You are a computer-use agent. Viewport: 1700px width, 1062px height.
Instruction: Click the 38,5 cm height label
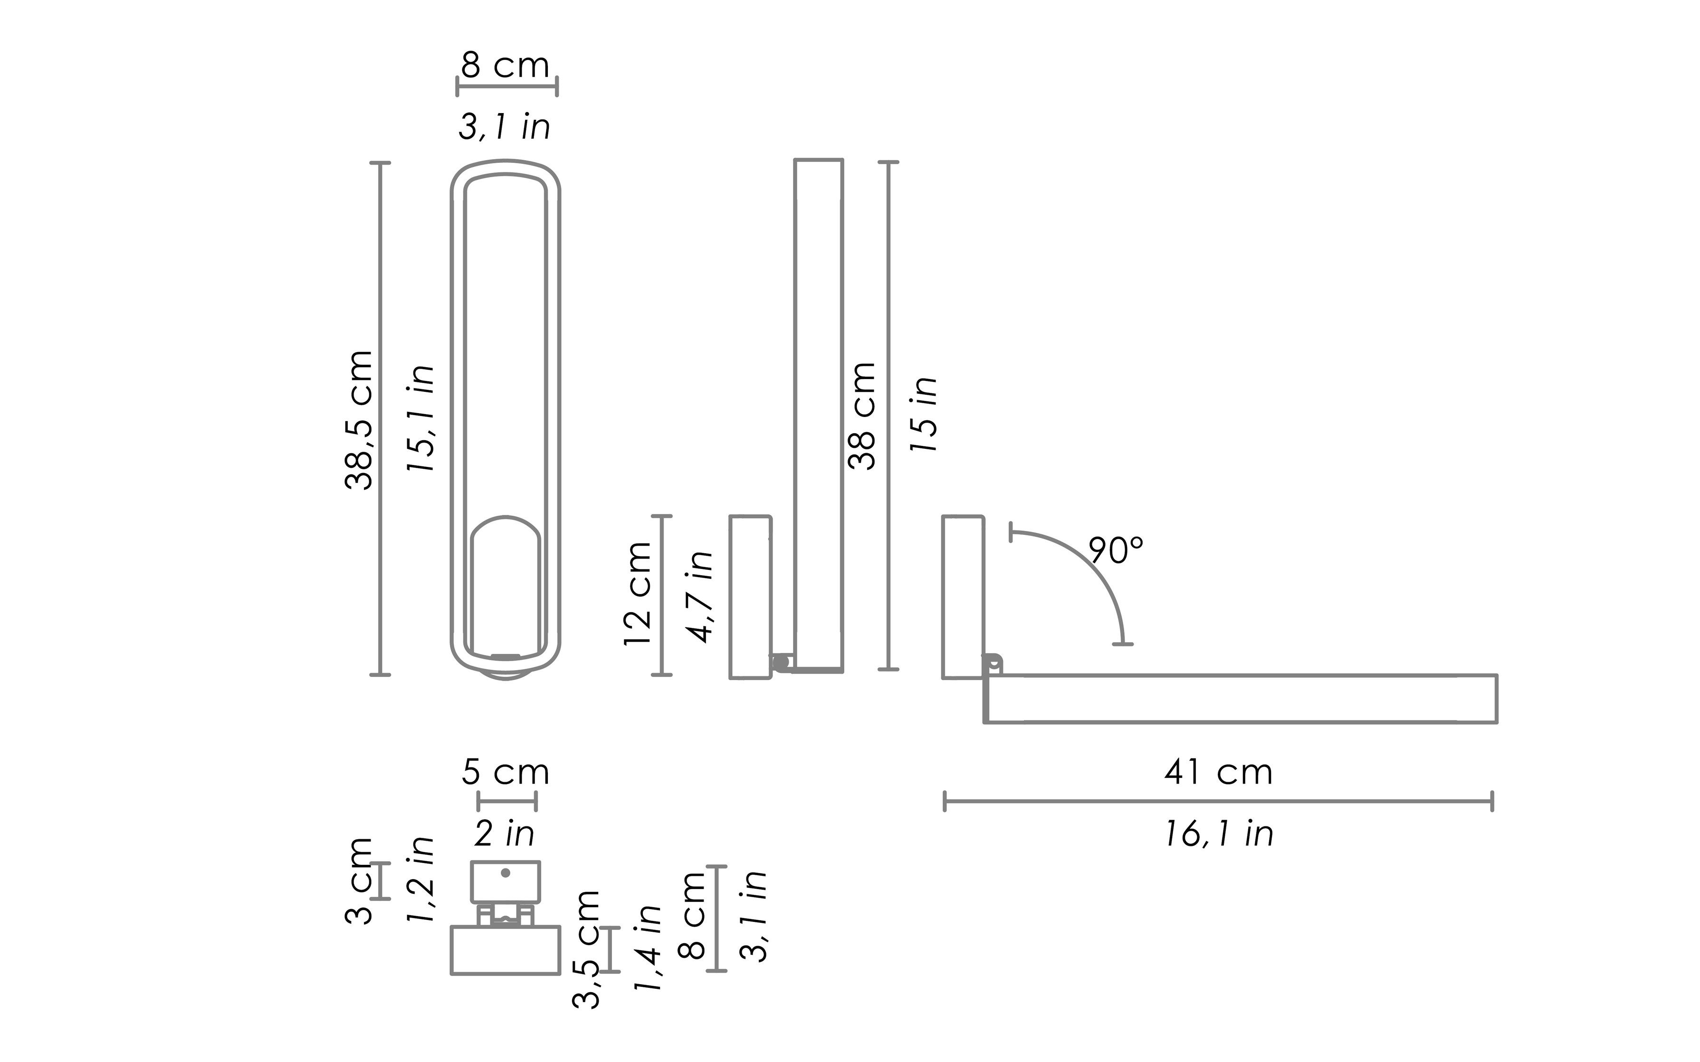pyautogui.click(x=359, y=419)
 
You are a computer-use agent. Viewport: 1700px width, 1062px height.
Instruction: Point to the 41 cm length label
pyautogui.click(x=1219, y=772)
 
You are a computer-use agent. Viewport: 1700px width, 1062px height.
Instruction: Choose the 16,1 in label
pyautogui.click(x=1219, y=834)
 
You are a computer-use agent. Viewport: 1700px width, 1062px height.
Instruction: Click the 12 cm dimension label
pyautogui.click(x=638, y=594)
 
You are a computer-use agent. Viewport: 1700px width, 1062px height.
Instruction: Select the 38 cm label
pyautogui.click(x=862, y=416)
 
